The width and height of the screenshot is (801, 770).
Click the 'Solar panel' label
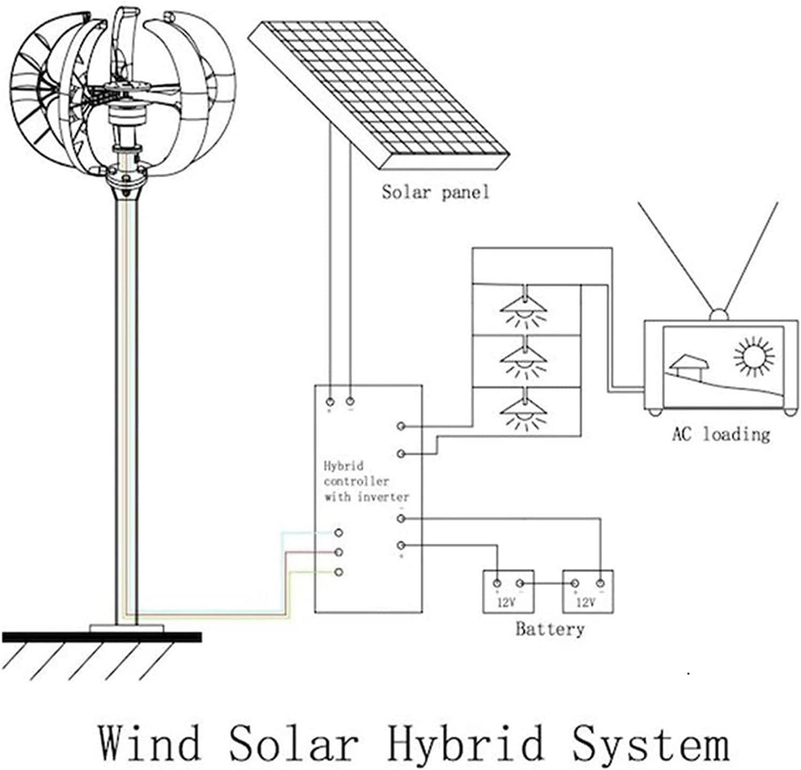[x=435, y=192]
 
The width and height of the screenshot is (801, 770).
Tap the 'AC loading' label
[x=721, y=434]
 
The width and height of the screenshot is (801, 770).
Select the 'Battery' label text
[x=549, y=629]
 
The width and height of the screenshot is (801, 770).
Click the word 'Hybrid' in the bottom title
[x=465, y=742]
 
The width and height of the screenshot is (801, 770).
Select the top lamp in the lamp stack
[x=524, y=309]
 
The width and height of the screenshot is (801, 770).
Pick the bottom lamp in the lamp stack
[x=524, y=412]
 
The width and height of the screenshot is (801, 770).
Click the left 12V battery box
[x=508, y=592]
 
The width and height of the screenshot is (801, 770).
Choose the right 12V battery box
[x=587, y=592]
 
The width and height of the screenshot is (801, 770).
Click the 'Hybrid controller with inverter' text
[x=366, y=481]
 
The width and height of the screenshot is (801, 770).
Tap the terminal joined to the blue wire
[x=338, y=533]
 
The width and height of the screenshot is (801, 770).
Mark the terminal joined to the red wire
[x=338, y=552]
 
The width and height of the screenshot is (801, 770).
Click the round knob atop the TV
[x=719, y=315]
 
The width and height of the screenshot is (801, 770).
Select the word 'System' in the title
[x=651, y=742]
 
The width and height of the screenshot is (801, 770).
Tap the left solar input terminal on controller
[x=330, y=401]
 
